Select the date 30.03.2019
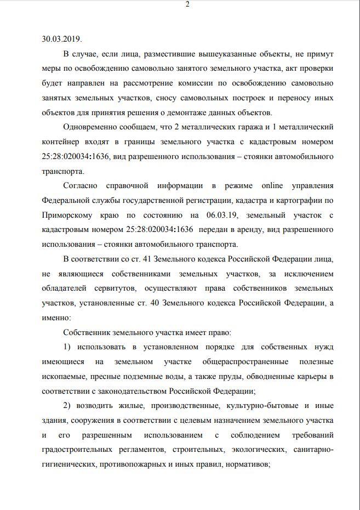(x=61, y=39)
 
